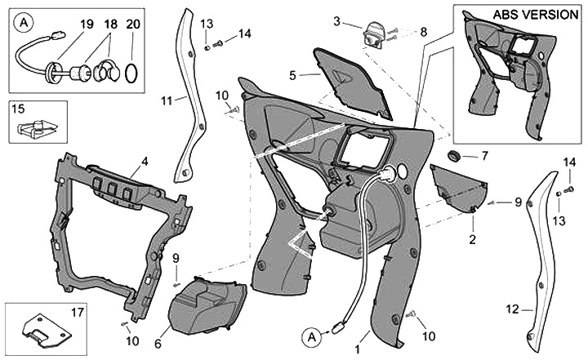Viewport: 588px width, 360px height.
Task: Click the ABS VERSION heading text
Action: tap(533, 16)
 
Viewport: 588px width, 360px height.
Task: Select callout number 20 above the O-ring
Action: tap(134, 24)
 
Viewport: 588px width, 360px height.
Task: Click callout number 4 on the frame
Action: tap(144, 162)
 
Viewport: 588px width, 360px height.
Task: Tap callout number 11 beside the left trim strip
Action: tap(167, 100)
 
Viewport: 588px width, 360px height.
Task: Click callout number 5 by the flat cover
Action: tap(292, 75)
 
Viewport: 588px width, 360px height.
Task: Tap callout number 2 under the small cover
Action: tap(472, 240)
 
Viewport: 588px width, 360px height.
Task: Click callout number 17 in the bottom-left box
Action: tap(78, 311)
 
